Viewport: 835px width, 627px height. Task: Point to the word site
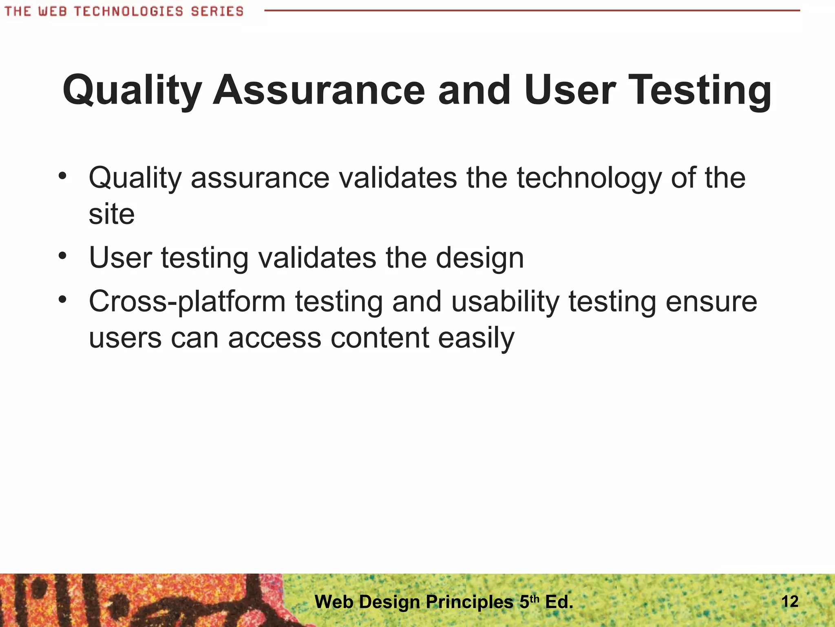[x=112, y=214]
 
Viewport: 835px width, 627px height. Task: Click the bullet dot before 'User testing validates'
[x=62, y=256]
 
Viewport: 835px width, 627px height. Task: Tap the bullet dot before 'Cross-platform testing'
[x=62, y=300]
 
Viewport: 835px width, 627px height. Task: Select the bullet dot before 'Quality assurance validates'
[x=62, y=176]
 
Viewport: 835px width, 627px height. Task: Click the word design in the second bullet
[x=479, y=258]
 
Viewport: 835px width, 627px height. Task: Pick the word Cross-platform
[x=187, y=302]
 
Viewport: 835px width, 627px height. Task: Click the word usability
[x=506, y=302]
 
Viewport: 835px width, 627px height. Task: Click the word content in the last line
[x=380, y=338]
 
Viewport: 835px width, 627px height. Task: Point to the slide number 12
[x=790, y=601]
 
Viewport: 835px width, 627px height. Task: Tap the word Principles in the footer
[x=469, y=602]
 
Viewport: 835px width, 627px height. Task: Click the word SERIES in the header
[x=217, y=11]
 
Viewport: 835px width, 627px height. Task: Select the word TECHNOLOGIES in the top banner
[x=128, y=11]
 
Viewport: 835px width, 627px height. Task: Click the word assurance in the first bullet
[x=260, y=178]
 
